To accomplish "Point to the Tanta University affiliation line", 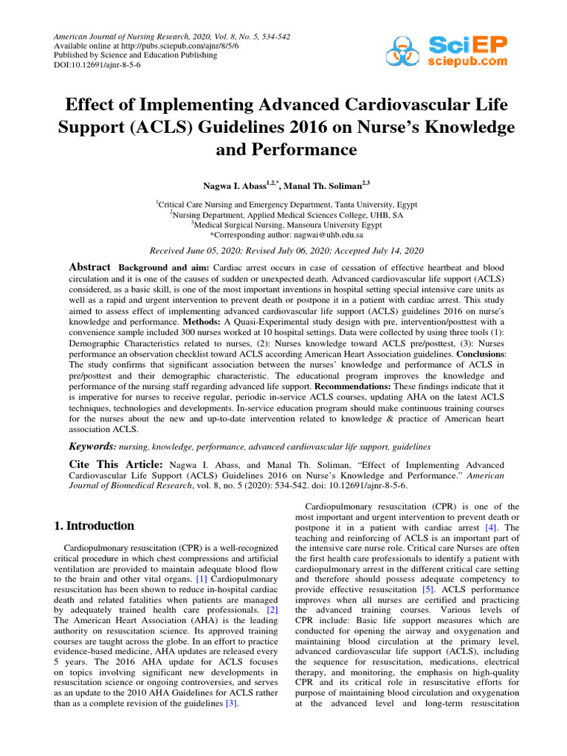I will coord(283,202).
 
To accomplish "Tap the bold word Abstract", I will coord(90,267).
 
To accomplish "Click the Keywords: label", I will coord(92,447).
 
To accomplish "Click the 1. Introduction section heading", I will coord(94,526).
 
